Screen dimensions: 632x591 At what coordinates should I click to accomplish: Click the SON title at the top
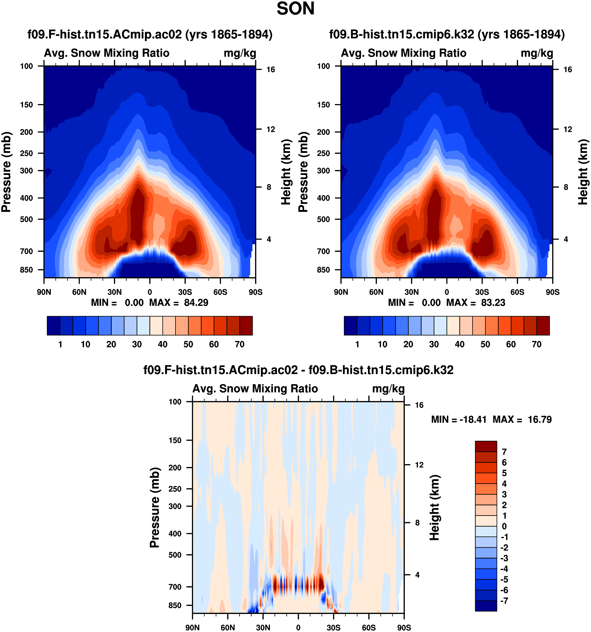click(x=295, y=9)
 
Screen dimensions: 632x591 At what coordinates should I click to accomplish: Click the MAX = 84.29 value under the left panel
click(x=179, y=303)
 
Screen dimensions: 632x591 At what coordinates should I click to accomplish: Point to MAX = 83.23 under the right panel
click(x=476, y=303)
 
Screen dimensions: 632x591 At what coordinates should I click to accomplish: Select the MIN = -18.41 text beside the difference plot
click(x=459, y=420)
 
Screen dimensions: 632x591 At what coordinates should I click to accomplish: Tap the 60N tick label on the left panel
click(x=79, y=292)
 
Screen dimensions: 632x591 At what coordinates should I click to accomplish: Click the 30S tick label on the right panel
click(x=482, y=292)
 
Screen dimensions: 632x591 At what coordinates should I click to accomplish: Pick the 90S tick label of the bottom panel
click(x=404, y=628)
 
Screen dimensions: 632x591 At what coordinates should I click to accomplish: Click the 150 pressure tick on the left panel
click(x=26, y=105)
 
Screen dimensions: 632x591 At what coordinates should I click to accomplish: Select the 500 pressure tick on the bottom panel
click(x=175, y=555)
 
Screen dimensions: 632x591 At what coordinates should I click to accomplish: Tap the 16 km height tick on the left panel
click(x=271, y=70)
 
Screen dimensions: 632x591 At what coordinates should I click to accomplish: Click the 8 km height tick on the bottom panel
click(x=417, y=523)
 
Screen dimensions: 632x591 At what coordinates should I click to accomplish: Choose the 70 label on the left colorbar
click(x=239, y=344)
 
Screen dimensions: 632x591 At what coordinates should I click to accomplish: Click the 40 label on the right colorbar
click(x=459, y=344)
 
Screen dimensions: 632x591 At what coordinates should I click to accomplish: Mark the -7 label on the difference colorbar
click(x=504, y=601)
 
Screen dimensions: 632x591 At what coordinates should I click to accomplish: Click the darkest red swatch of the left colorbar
click(x=246, y=326)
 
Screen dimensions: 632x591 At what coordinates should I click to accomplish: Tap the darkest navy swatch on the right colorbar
click(x=350, y=326)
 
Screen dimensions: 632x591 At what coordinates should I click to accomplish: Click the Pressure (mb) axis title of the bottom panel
click(x=155, y=507)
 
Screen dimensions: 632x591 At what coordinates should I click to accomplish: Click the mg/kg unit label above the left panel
click(x=240, y=53)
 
